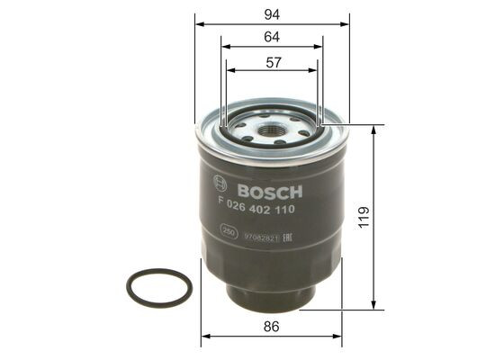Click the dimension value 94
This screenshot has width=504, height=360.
click(272, 13)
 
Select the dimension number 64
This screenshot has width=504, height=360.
click(272, 37)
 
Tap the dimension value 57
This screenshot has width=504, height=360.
click(272, 62)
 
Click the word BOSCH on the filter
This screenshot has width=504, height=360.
click(271, 192)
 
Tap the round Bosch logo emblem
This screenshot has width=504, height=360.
click(220, 183)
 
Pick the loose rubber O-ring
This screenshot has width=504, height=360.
click(159, 288)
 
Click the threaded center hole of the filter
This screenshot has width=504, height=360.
click(272, 131)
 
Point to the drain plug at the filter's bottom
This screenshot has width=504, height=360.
click(271, 296)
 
